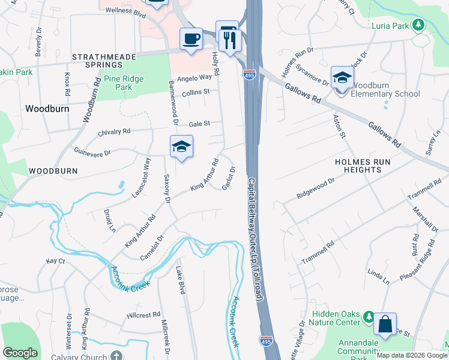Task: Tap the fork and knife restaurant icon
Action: [231, 41]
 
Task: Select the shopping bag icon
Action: [385, 325]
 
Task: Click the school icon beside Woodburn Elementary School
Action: [342, 77]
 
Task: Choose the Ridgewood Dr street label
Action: [315, 188]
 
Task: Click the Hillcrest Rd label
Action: [143, 314]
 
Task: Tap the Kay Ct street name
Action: [55, 262]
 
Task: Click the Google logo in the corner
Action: [20, 353]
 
